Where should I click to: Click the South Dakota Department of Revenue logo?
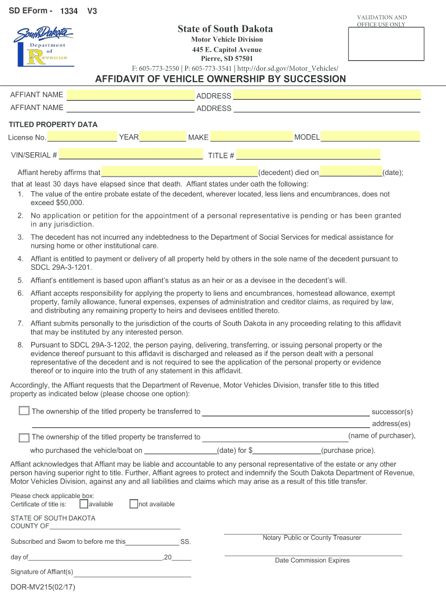pos(41,47)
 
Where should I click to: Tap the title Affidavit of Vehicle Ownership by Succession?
pos(223,79)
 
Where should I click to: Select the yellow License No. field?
pos(82,137)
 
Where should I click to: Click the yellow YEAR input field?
pos(163,137)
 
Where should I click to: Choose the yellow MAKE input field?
pos(251,137)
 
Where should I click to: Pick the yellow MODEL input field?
pos(370,137)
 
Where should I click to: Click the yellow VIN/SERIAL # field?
pos(131,155)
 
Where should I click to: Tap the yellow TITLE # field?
pos(308,155)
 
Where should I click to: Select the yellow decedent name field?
pos(179,172)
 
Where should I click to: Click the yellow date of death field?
pos(351,172)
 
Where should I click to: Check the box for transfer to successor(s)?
pos(24,411)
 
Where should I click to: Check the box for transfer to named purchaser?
pos(24,438)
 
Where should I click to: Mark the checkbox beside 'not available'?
pos(134,504)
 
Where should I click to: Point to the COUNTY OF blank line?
pos(115,526)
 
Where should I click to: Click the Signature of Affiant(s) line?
pos(132,572)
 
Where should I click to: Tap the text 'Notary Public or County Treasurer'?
pos(312,538)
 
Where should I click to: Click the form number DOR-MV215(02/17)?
pos(43,586)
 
